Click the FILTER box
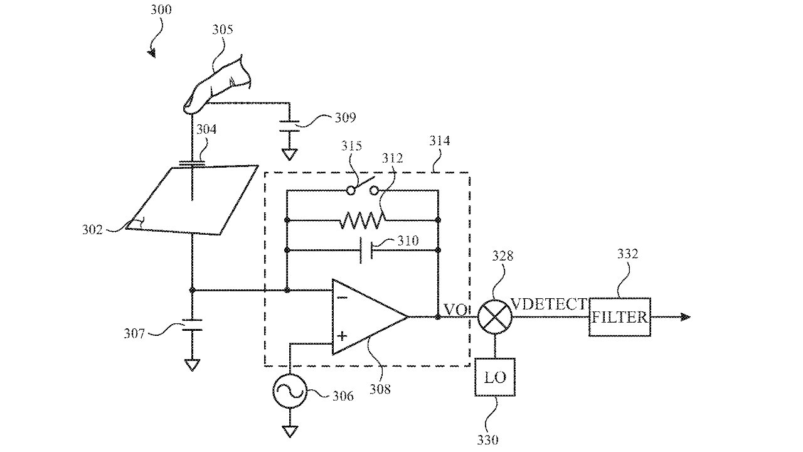pos(619,317)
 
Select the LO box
pos(495,377)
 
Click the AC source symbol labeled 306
pos(289,392)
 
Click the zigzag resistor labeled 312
pos(363,220)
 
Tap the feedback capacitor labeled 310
pos(367,250)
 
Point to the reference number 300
pos(161,11)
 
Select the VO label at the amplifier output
pos(455,309)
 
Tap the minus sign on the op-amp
pos(342,298)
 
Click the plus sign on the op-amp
pos(342,336)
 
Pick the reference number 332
pos(627,254)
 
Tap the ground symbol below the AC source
pos(289,433)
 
